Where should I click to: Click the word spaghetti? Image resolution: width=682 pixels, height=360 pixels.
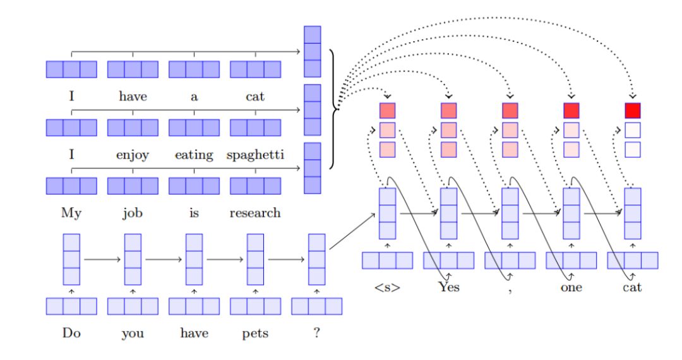(255, 155)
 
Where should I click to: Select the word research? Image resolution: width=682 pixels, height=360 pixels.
(255, 213)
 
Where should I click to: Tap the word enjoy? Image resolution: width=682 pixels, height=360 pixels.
(133, 155)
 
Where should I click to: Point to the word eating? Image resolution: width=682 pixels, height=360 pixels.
(194, 155)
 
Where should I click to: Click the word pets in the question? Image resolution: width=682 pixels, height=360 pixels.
(255, 333)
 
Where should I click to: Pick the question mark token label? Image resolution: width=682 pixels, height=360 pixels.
(316, 333)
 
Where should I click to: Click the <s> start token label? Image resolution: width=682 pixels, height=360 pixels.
(387, 287)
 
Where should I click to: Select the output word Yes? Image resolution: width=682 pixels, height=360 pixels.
(448, 287)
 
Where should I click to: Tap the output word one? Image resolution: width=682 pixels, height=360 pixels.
(571, 287)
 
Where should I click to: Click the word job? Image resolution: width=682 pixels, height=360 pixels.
(133, 213)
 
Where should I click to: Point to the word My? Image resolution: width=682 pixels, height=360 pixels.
(71, 213)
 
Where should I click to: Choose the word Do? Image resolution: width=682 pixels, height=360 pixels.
(71, 333)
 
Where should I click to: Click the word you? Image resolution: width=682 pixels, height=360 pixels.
(133, 333)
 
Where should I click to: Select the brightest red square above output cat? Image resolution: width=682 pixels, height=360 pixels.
(632, 111)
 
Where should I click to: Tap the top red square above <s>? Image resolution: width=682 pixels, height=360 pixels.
(387, 111)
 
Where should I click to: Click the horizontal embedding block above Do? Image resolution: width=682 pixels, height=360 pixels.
(71, 306)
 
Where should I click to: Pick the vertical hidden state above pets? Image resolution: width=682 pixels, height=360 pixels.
(255, 260)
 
